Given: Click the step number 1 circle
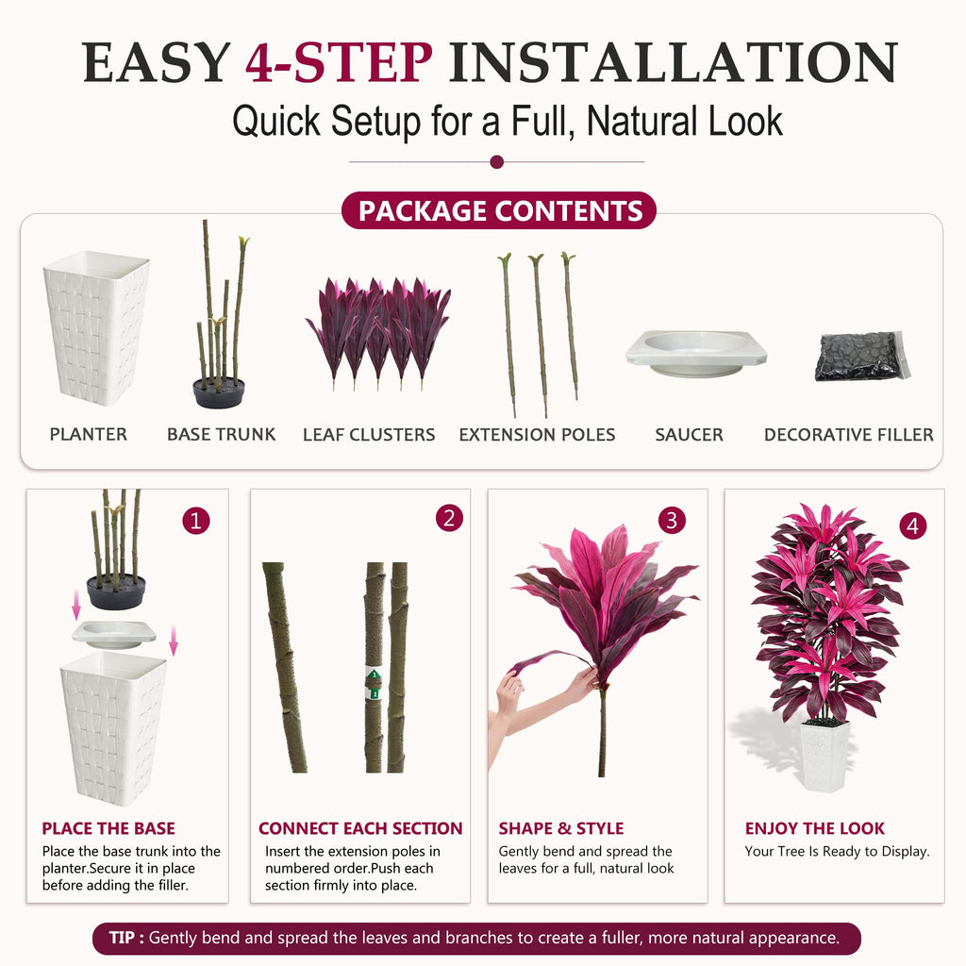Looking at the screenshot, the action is (x=196, y=521).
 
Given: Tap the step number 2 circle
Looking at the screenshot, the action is (x=449, y=518).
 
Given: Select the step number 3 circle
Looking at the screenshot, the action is (x=672, y=521).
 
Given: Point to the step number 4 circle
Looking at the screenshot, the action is (x=912, y=525).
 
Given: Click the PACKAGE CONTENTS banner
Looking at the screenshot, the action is (x=499, y=210).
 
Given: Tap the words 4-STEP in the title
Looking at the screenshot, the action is (x=339, y=62).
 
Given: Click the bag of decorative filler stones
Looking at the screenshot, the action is (x=862, y=356).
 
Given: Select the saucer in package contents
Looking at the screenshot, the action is (x=696, y=353).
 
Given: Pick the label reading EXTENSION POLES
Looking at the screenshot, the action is (x=537, y=435).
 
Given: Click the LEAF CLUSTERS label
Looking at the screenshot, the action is (x=369, y=435).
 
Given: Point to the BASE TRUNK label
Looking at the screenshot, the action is (x=221, y=435).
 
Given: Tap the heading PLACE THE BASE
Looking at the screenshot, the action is (x=108, y=828).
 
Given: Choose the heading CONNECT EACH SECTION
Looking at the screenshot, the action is (x=360, y=828).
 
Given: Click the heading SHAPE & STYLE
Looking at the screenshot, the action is (x=561, y=828).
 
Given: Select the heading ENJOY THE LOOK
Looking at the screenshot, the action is (x=814, y=828).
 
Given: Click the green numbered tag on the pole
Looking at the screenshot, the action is (x=374, y=684).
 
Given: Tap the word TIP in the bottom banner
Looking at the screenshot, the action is (x=122, y=938).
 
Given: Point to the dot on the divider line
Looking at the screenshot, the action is (x=496, y=162).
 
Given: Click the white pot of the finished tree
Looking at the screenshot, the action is (x=824, y=757).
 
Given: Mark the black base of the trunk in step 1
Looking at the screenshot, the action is (x=116, y=592).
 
